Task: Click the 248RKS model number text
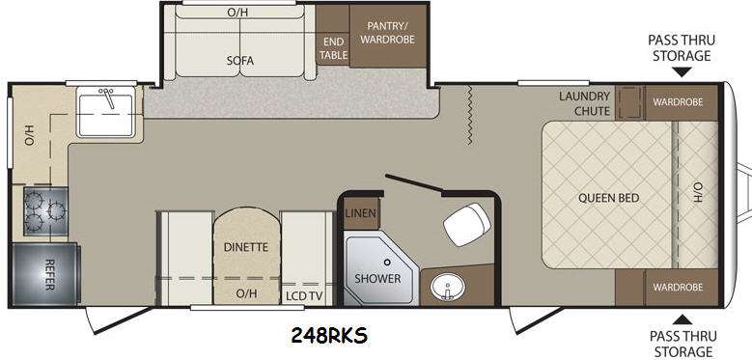329,335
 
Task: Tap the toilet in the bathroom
467,224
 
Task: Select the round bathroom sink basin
447,288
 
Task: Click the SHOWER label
377,278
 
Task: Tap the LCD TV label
304,295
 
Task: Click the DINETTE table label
245,247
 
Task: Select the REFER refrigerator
44,274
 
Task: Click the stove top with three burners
45,211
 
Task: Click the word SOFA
239,61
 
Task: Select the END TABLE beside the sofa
333,48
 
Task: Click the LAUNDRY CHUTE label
585,103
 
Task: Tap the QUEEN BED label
608,198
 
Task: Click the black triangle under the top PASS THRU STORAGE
682,72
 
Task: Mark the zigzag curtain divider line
470,116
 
